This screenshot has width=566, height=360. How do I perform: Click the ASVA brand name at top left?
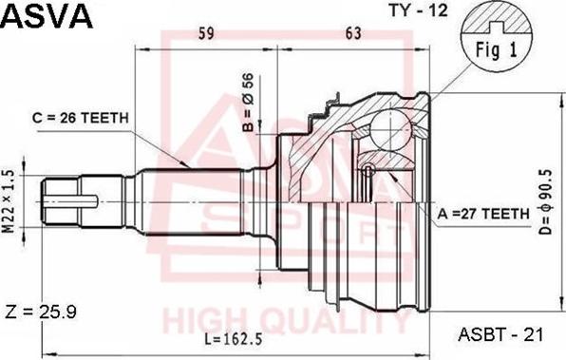point(47,16)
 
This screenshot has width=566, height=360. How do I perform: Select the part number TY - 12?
point(418,10)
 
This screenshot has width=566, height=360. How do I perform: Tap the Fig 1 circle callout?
point(497,35)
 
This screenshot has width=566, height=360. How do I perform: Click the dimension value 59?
point(206,33)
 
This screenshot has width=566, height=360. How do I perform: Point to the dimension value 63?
point(353,33)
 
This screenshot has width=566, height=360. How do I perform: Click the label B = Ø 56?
point(248,103)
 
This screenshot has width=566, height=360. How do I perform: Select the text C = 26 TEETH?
point(80,118)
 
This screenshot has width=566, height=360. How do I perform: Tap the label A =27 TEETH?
point(483,214)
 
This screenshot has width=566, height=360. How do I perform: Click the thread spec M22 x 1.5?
point(9,201)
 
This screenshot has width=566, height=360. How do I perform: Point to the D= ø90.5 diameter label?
point(546,201)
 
